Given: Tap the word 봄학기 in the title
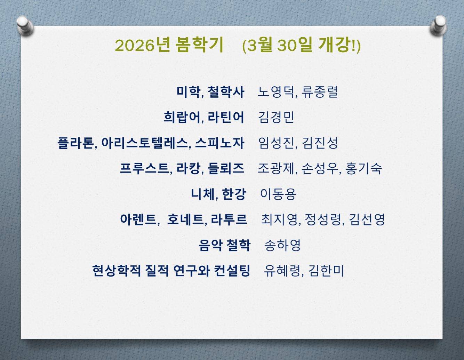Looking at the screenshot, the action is click(x=199, y=45).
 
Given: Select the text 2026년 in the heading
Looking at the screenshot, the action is click(x=142, y=45).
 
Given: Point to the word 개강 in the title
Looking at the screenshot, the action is click(x=334, y=45).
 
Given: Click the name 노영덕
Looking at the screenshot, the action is click(x=276, y=92).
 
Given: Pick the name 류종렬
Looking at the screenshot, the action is click(x=320, y=92).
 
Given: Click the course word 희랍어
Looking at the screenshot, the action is click(x=182, y=118).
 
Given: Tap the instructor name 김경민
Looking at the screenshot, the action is click(x=276, y=118).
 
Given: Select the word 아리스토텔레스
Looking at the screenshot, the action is click(x=145, y=143).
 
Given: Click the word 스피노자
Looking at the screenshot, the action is click(x=220, y=143).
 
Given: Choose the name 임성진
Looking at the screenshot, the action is click(x=276, y=143).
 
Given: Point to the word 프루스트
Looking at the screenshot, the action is click(x=145, y=168).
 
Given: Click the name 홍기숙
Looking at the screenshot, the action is click(x=363, y=168).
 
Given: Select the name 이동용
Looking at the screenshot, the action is click(x=278, y=194).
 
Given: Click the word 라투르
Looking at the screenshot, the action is click(x=229, y=219).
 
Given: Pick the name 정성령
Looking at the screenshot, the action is click(x=323, y=219).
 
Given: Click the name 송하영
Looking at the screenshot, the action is click(x=282, y=245).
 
